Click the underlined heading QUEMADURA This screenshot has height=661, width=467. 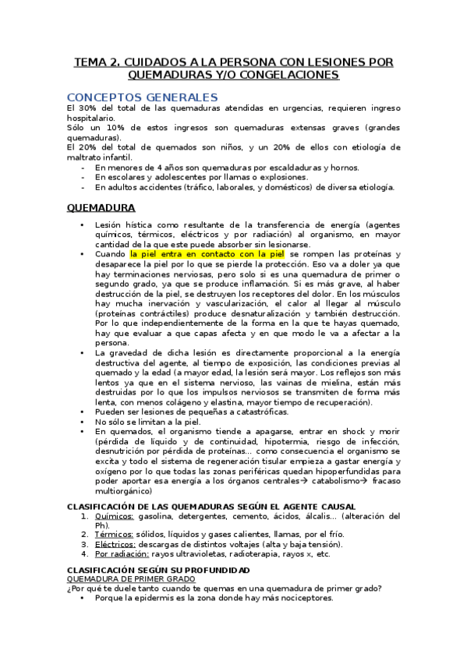pyautogui.click(x=101, y=208)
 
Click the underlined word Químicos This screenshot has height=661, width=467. pyautogui.click(x=114, y=516)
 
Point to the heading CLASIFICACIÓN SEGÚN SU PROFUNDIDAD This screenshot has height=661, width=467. pyautogui.click(x=158, y=571)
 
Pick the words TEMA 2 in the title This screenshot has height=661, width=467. pyautogui.click(x=96, y=62)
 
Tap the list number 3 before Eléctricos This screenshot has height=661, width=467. pyautogui.click(x=85, y=544)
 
